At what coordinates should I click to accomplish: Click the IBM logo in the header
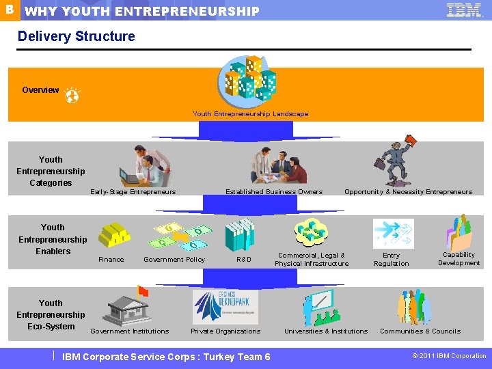click(464, 10)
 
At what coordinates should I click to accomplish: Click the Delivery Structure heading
click(77, 36)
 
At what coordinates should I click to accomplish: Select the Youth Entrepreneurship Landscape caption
click(250, 114)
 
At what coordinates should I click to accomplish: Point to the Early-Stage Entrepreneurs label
click(133, 192)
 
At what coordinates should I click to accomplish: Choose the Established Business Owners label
click(274, 192)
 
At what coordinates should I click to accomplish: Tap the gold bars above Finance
click(113, 234)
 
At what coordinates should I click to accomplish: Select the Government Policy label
click(174, 260)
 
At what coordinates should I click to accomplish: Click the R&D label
click(244, 260)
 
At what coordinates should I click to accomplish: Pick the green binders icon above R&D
click(240, 234)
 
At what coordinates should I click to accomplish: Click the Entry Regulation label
click(392, 260)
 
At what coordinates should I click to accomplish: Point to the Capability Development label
click(459, 259)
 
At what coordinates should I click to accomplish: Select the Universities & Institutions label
click(326, 331)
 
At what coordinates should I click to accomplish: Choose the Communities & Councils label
click(420, 331)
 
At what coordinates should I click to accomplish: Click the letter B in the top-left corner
click(8, 10)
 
